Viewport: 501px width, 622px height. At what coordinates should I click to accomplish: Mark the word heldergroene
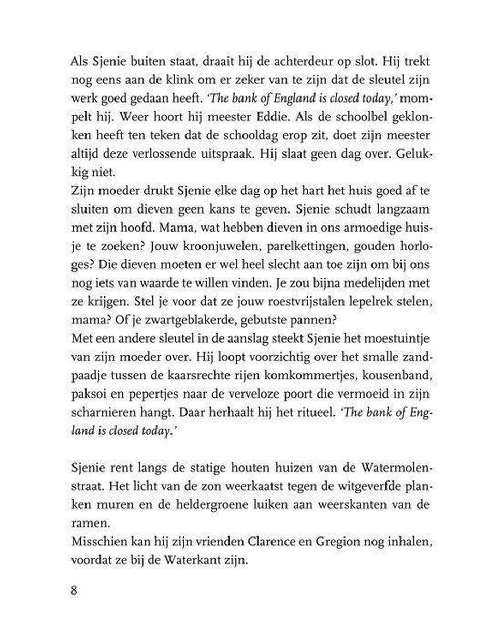click(x=180, y=505)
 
